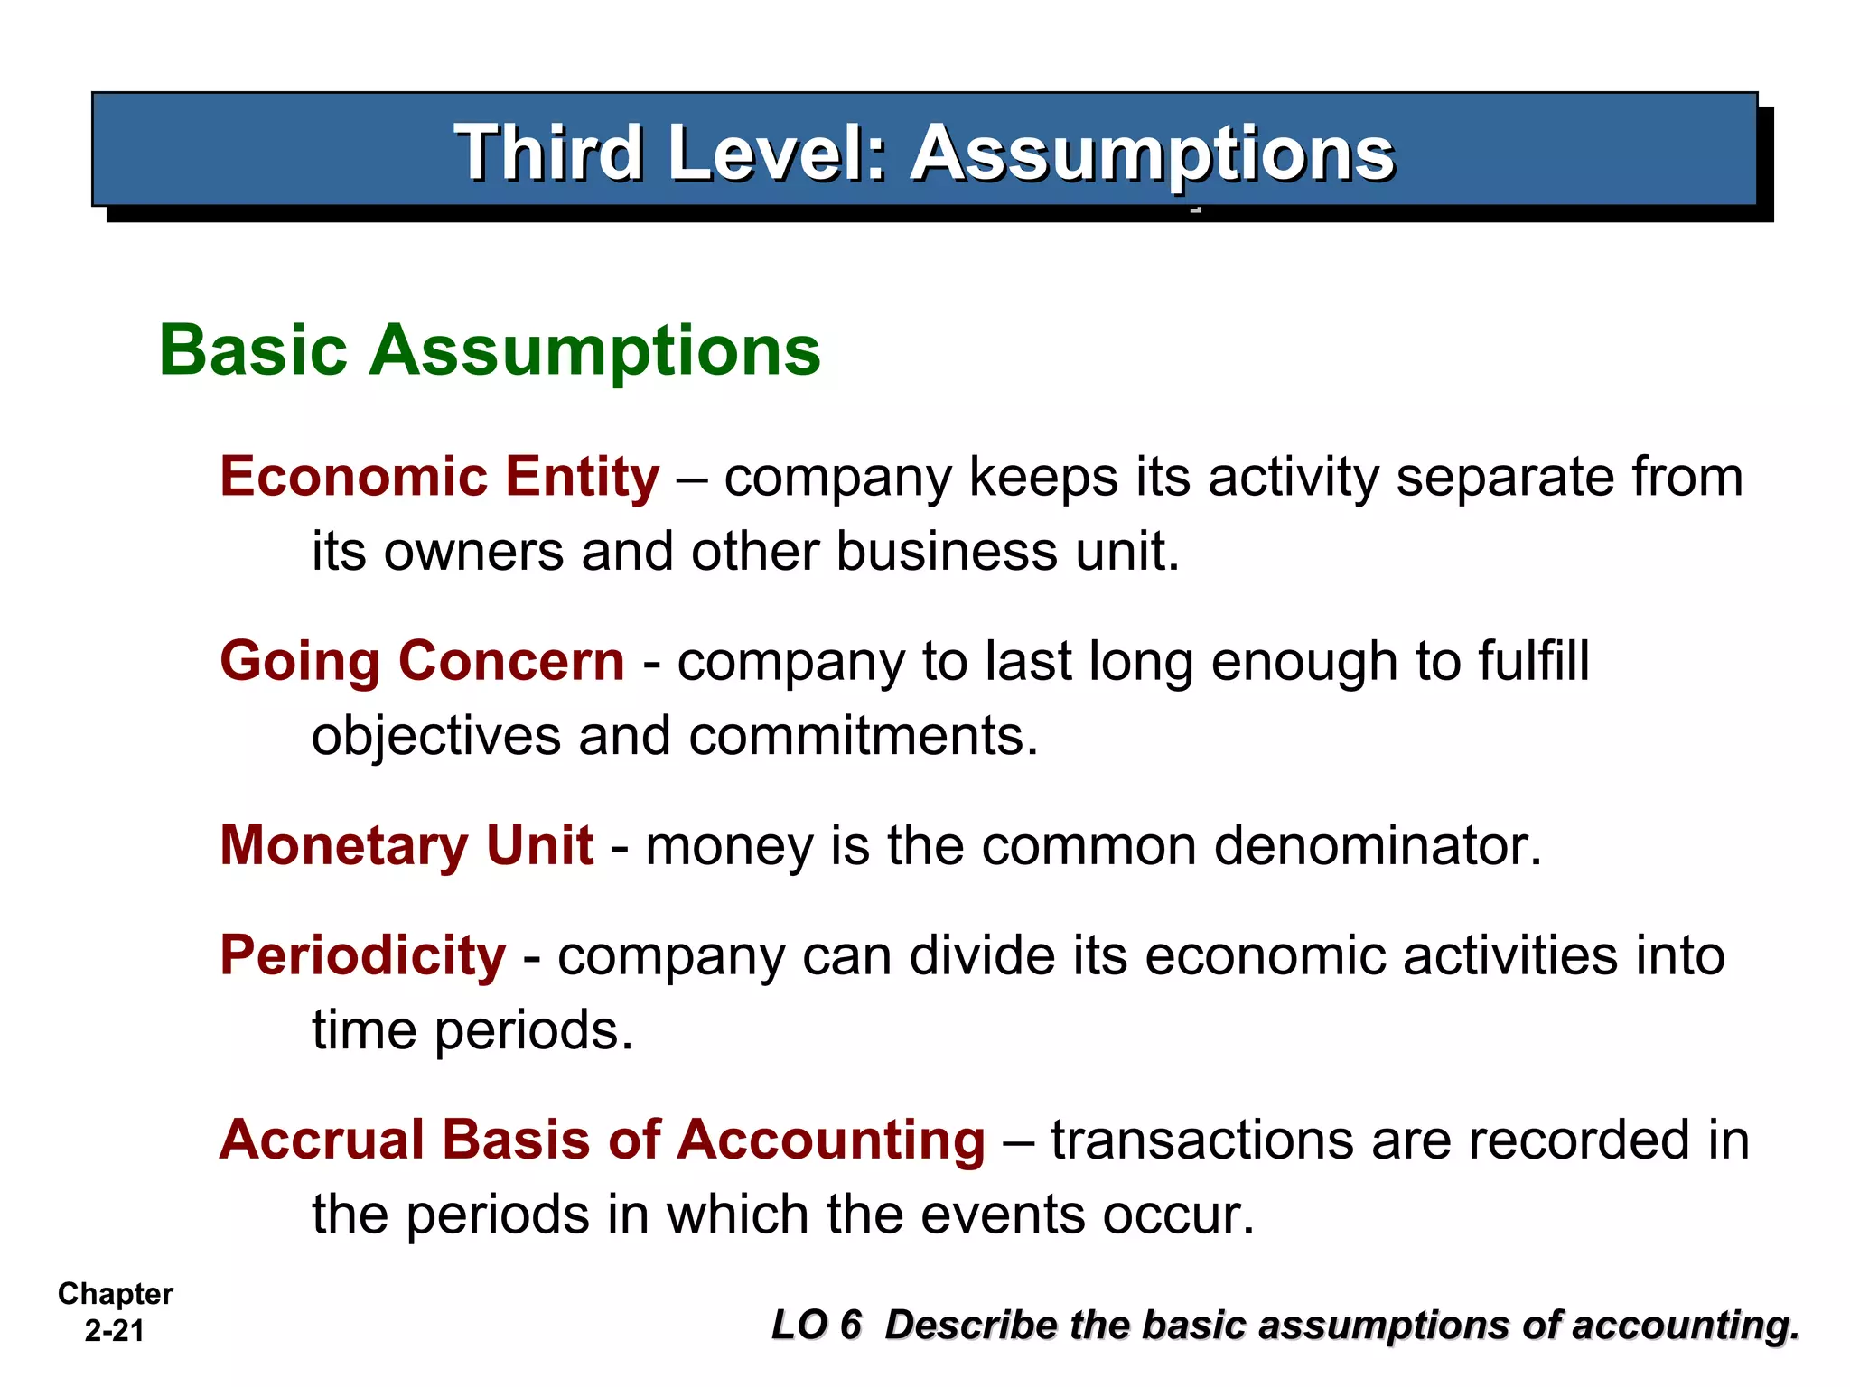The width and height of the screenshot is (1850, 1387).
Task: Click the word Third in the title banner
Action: pyautogui.click(x=547, y=153)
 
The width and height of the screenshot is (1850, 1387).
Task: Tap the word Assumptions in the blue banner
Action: pyautogui.click(x=1152, y=153)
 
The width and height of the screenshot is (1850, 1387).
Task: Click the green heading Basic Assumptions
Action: pyautogui.click(x=490, y=350)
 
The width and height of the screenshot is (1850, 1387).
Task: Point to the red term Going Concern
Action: pyautogui.click(x=422, y=661)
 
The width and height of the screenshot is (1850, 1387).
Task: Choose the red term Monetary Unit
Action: pyautogui.click(x=406, y=845)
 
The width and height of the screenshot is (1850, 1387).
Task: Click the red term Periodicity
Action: pyautogui.click(x=363, y=955)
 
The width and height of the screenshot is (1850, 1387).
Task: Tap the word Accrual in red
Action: pyautogui.click(x=323, y=1140)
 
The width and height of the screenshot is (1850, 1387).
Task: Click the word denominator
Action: pyautogui.click(x=1378, y=846)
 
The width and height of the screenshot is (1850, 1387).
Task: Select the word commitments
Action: pyautogui.click(x=864, y=735)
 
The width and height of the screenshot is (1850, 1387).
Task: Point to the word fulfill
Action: pyautogui.click(x=1533, y=661)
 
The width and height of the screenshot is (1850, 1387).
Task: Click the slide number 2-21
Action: pyautogui.click(x=115, y=1331)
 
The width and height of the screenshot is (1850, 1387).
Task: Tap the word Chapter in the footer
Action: pyautogui.click(x=116, y=1294)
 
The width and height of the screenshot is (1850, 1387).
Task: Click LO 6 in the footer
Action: pyautogui.click(x=817, y=1326)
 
